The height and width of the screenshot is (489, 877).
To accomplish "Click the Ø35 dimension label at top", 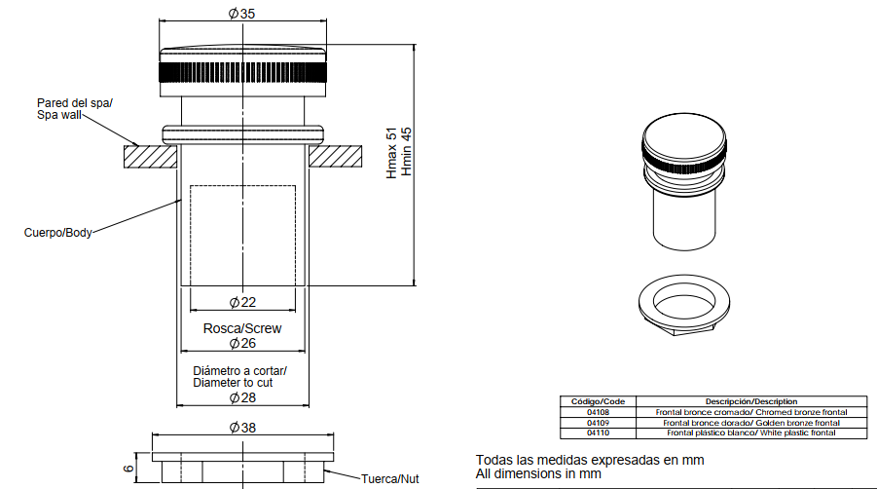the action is (x=241, y=13).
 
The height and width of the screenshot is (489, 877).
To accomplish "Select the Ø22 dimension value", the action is (x=242, y=302).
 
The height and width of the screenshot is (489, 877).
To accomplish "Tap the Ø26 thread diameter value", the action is (x=242, y=343).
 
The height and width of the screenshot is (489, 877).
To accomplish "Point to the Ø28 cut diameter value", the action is (x=242, y=397).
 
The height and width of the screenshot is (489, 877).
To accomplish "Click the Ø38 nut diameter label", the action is (x=242, y=428).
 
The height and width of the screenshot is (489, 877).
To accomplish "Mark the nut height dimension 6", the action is (x=128, y=468).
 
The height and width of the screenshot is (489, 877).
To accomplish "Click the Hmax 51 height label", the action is (x=391, y=153).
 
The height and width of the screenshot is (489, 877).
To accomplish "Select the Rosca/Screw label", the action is (x=242, y=328).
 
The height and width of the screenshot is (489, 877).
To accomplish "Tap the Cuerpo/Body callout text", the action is (x=58, y=233).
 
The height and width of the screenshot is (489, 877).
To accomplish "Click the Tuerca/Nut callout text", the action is (x=390, y=479).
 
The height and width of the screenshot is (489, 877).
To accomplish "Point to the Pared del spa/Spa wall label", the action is (x=75, y=109).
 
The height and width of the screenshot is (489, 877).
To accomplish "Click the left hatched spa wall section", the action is (x=151, y=157).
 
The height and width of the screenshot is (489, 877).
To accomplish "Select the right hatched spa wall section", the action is (x=335, y=157).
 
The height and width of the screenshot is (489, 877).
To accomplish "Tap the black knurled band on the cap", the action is (x=242, y=72).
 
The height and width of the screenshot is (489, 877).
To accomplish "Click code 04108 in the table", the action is (x=598, y=412).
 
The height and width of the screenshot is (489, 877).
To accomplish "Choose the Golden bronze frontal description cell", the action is (x=751, y=423).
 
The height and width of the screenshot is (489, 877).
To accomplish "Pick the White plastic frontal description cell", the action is (x=751, y=433).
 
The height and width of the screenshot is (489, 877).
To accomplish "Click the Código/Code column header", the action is (x=598, y=401).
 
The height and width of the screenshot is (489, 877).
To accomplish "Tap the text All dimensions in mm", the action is (x=538, y=473).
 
